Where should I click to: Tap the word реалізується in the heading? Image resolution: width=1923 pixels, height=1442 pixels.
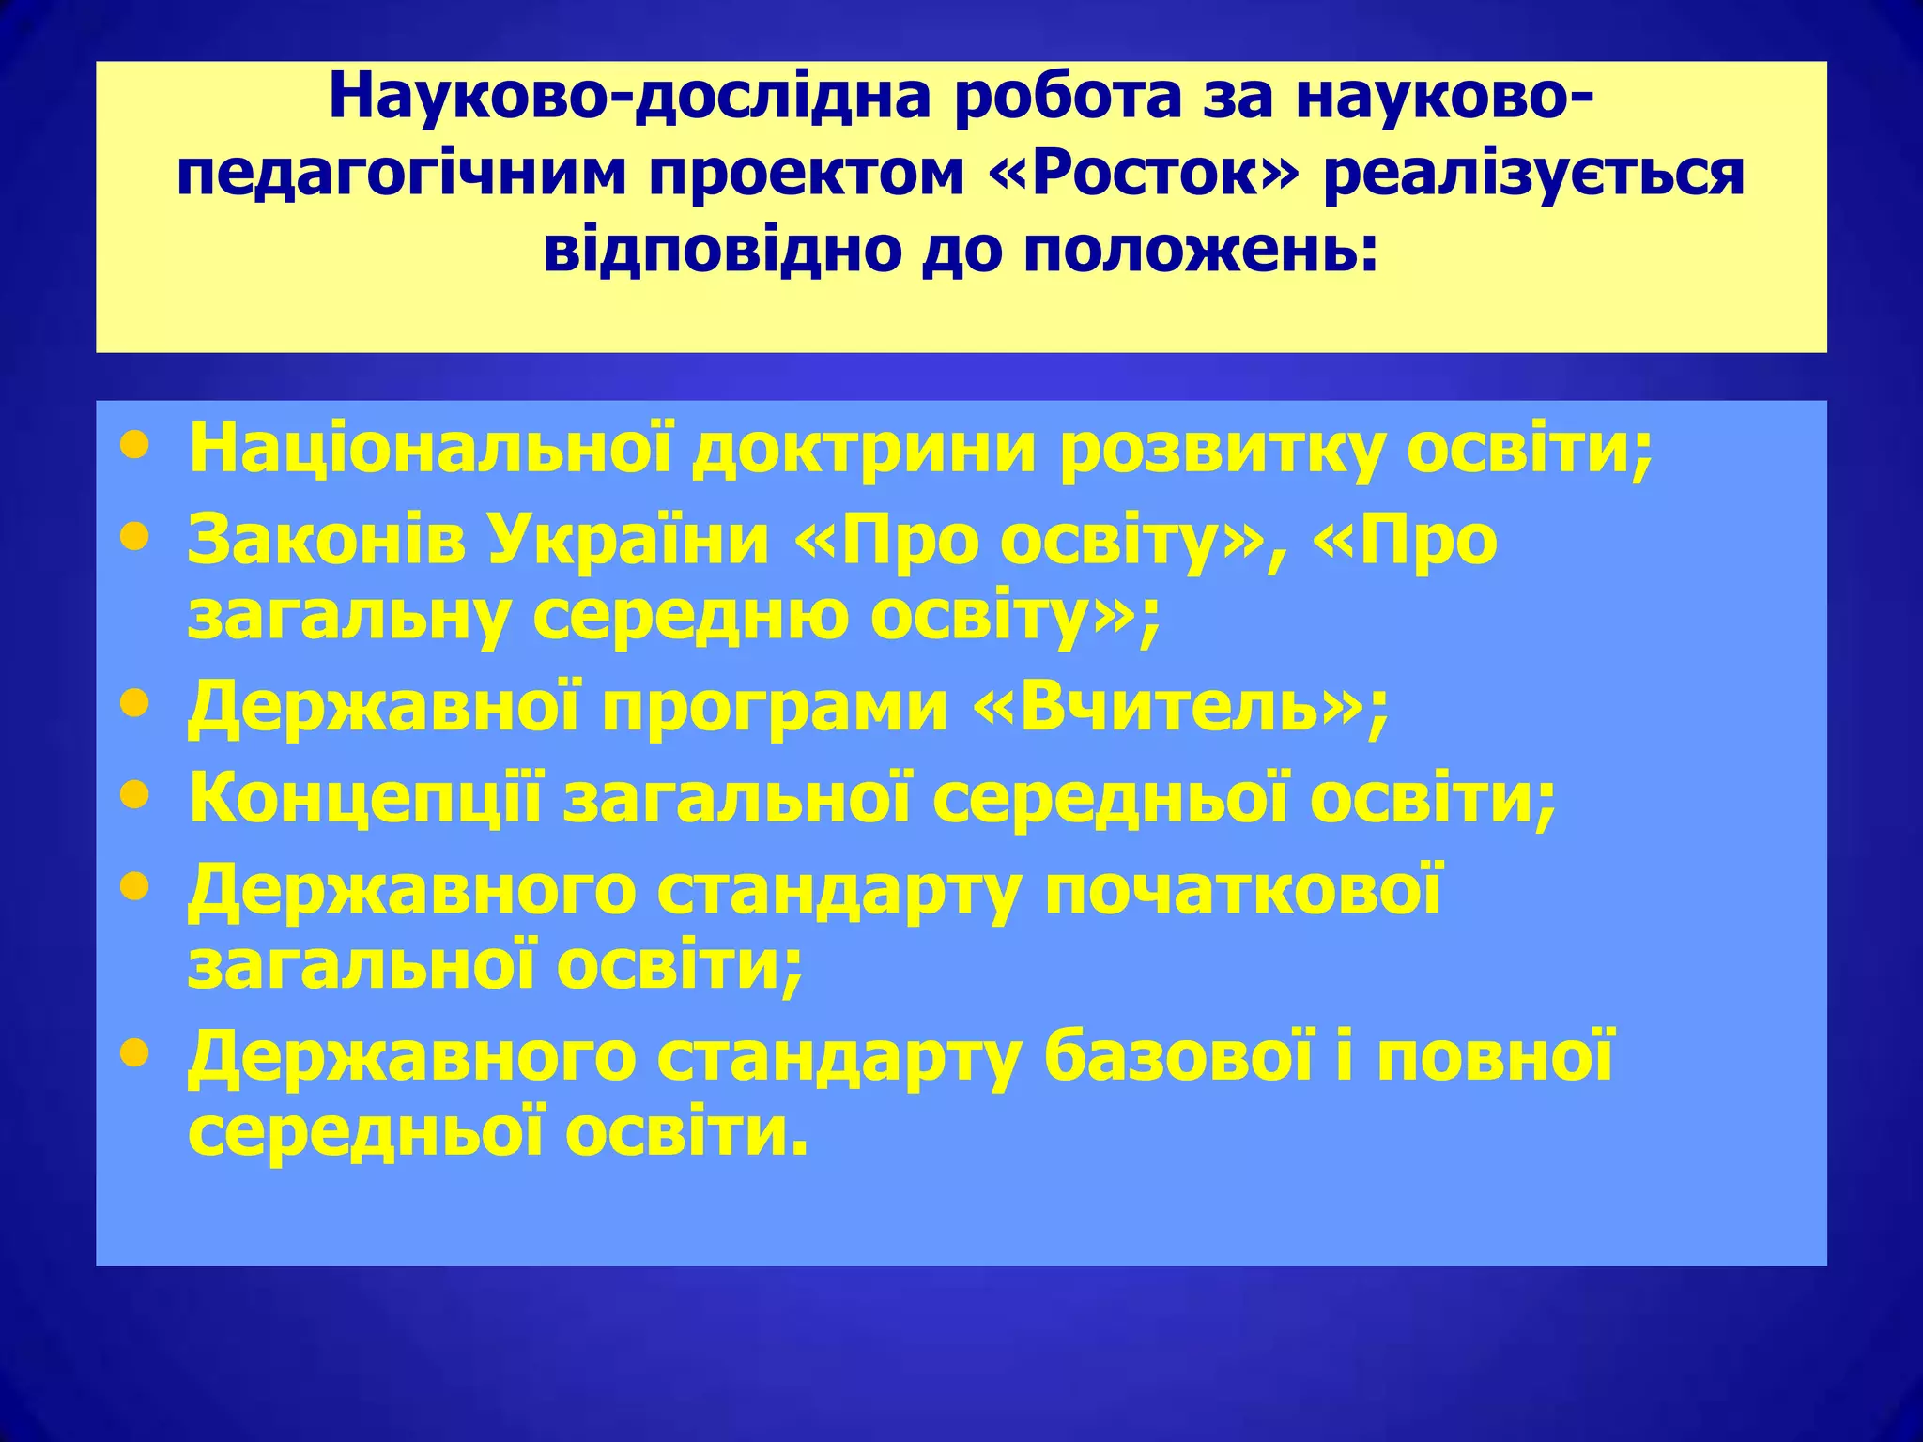pos(1534,175)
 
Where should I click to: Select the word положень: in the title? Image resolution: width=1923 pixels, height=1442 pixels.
pos(1201,251)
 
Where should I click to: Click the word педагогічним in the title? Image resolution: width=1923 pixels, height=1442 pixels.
pos(401,175)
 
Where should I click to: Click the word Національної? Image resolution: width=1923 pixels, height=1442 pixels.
pos(431,450)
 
